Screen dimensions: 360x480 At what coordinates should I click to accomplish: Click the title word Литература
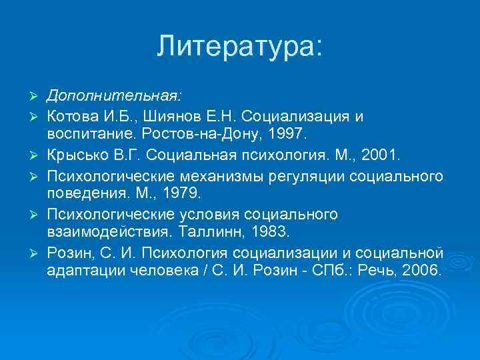pyautogui.click(x=237, y=46)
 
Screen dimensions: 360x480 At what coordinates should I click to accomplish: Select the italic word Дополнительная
pyautogui.click(x=111, y=97)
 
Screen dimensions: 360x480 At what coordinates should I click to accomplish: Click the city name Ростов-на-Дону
pyautogui.click(x=199, y=135)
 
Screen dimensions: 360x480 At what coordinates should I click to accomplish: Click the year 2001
pyautogui.click(x=377, y=156)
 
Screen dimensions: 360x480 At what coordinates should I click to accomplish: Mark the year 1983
pyautogui.click(x=266, y=233)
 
